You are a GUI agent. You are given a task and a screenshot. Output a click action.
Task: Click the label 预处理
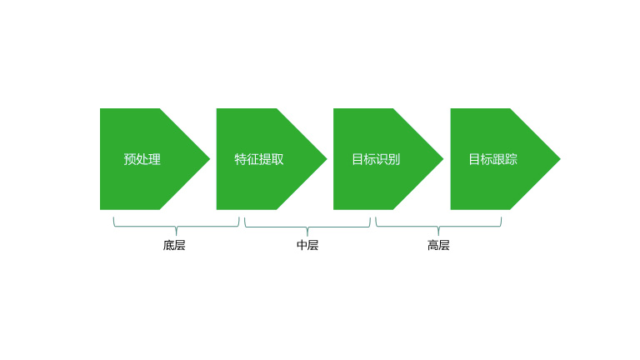[142, 159]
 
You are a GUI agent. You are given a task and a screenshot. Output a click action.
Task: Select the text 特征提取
[259, 159]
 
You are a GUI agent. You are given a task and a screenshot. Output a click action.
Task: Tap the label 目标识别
[376, 159]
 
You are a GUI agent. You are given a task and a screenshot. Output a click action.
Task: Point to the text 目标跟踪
[492, 159]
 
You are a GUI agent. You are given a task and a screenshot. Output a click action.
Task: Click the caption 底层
[174, 245]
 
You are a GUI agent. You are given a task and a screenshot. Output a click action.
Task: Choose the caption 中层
[307, 245]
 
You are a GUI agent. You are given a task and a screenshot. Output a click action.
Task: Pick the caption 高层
[438, 245]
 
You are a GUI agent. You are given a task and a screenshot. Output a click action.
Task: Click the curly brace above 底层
[176, 226]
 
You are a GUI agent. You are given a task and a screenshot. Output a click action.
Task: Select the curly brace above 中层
[307, 226]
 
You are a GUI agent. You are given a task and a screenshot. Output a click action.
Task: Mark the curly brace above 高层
[438, 226]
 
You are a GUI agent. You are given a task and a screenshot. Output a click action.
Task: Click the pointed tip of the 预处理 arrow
[208, 158]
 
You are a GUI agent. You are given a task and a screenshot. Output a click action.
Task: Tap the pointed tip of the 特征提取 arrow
[325, 158]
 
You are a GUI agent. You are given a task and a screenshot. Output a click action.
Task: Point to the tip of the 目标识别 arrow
[442, 158]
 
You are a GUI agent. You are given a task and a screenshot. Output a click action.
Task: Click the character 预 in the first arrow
[130, 159]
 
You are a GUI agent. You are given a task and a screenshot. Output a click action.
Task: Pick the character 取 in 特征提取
[277, 159]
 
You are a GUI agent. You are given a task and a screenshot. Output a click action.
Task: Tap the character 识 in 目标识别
[382, 159]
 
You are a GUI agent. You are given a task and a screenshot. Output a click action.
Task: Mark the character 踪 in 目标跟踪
[511, 159]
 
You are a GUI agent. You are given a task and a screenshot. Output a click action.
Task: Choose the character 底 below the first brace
[168, 245]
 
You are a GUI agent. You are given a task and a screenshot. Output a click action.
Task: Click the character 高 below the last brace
[432, 245]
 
